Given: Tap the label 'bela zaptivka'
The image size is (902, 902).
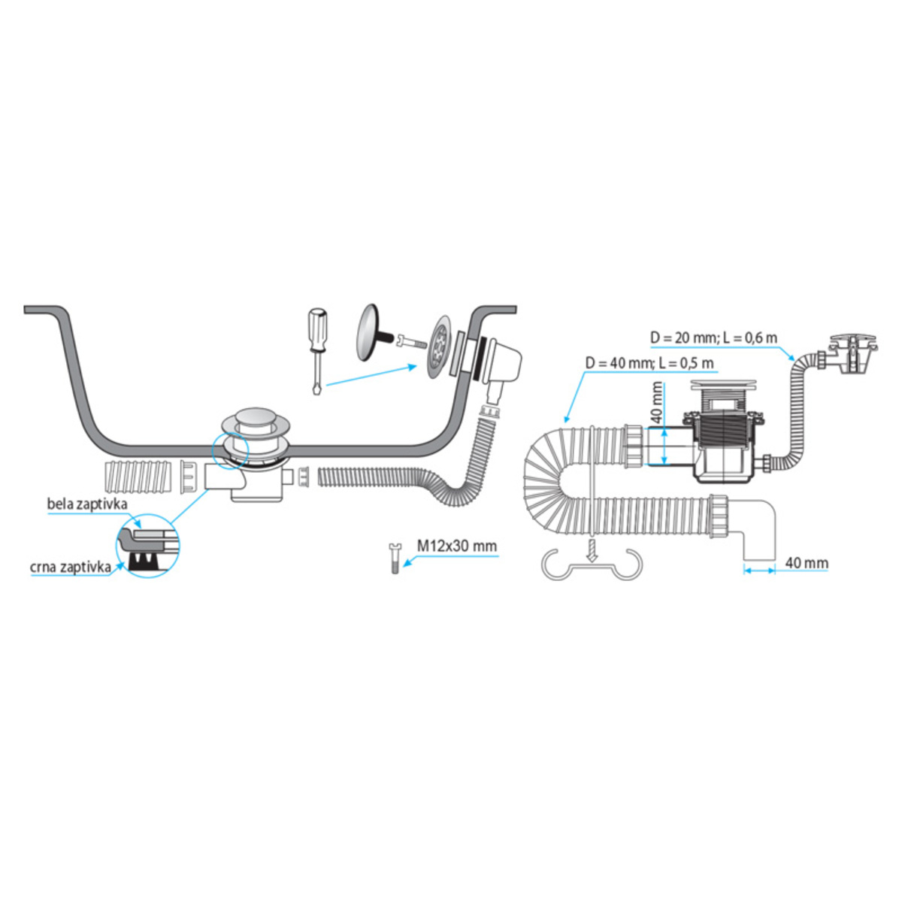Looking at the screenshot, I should tap(87, 504).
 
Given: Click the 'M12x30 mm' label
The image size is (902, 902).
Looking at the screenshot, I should tap(457, 546).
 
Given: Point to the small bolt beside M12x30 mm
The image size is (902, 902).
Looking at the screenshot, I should tap(394, 558).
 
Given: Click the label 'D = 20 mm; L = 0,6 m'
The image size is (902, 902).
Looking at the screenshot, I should tap(713, 338).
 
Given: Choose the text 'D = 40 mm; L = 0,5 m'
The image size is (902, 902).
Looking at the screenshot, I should tap(649, 364).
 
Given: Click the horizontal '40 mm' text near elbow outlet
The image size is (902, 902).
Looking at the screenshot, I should tap(807, 562).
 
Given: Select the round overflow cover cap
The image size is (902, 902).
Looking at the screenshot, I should tap(371, 331).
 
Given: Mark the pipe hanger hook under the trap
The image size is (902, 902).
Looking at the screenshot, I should tap(592, 565).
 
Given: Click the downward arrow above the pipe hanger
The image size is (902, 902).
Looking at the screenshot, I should tap(592, 549).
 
